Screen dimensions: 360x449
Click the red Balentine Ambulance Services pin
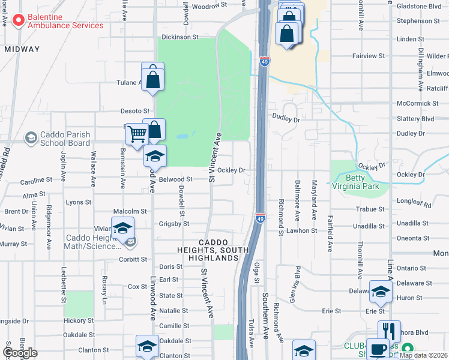pos(18,21)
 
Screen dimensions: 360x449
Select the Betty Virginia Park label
pos(363,182)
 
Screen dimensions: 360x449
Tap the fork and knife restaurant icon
pos(389,331)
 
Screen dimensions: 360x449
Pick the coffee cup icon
pos(378,349)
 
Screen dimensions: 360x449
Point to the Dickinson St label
pos(180,37)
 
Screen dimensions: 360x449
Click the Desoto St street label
pos(134,111)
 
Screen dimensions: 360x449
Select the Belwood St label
pos(175,179)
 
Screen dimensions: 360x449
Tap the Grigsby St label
pos(173,224)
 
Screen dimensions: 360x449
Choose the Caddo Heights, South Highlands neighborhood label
pos(208,250)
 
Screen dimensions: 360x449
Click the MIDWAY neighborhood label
pos(22,49)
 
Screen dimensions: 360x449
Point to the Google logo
pos(20,353)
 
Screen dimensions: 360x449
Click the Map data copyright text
pos(423,355)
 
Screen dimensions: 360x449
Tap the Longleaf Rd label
pos(419,205)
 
